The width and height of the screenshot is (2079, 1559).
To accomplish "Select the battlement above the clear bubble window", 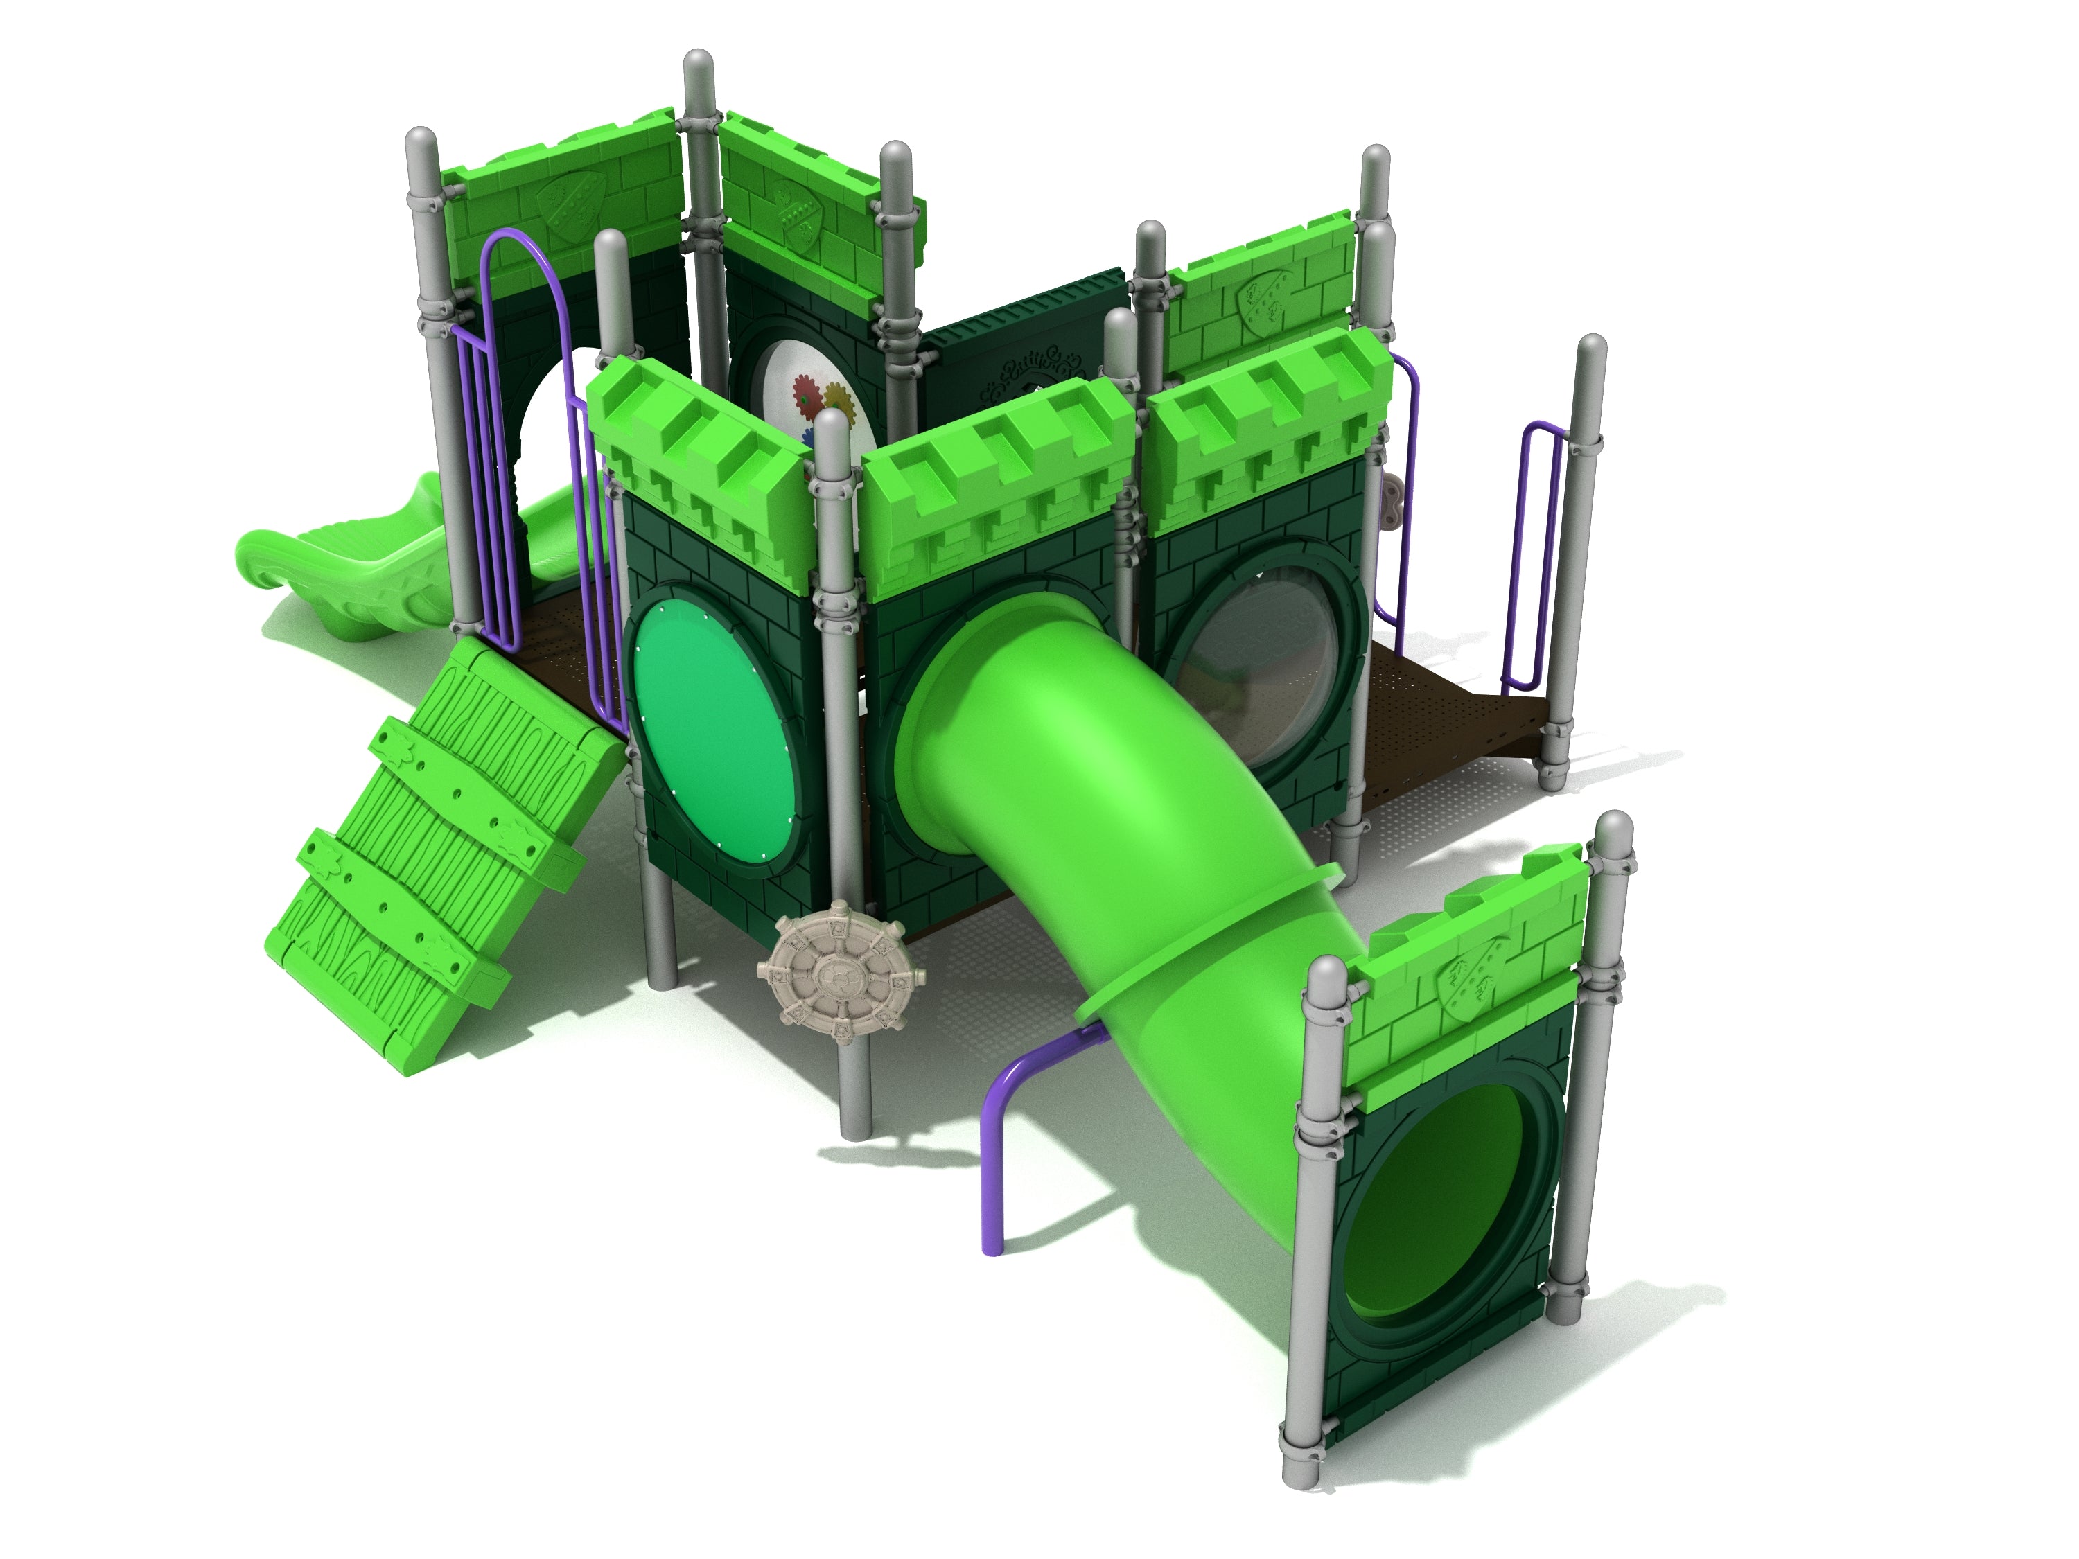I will point(1269,428).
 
